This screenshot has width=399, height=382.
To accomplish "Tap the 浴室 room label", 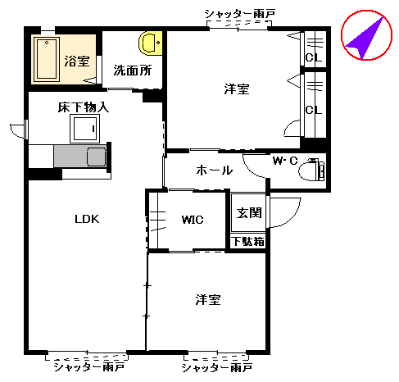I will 78,60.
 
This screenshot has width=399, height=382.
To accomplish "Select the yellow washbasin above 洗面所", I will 151,42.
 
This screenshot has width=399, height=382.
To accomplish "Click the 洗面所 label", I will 132,70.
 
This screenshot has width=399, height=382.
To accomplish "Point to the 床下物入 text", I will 83,107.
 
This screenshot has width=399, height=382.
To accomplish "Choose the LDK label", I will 87,219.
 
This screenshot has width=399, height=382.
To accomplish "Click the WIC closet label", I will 193,220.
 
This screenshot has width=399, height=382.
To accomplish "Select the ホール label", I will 215,171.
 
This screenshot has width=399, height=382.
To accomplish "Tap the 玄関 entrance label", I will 249,213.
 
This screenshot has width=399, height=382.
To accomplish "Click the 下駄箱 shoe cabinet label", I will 247,242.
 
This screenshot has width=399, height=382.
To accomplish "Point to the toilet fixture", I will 313,171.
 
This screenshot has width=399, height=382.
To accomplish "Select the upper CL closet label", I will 312,57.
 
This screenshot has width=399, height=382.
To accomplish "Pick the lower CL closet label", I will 312,110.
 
